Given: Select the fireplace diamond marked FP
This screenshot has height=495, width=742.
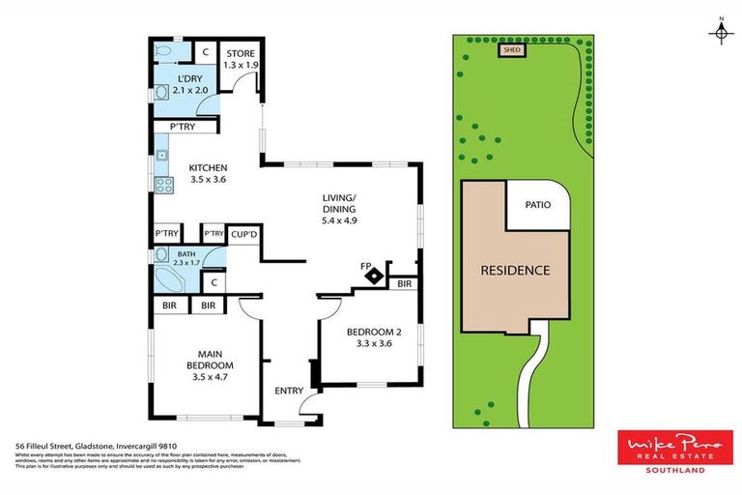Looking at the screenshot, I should click(x=371, y=276).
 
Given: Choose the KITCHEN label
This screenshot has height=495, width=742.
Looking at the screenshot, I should click(x=208, y=172).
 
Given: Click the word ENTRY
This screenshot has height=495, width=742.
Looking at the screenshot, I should click(x=289, y=391).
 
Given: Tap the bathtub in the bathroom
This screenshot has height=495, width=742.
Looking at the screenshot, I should click(x=172, y=281).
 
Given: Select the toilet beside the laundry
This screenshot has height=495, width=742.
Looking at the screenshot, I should click(x=166, y=51).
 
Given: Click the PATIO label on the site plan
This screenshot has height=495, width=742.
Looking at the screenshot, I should click(x=538, y=205).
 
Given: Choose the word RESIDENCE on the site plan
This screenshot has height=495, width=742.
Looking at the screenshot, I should click(x=515, y=270).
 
